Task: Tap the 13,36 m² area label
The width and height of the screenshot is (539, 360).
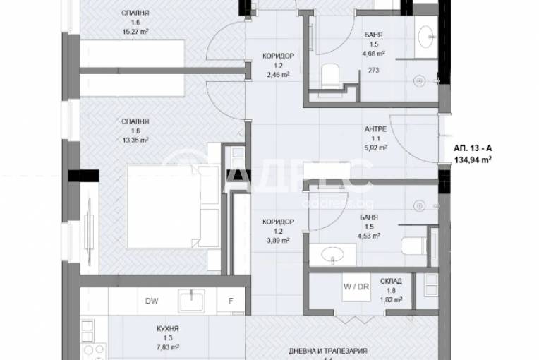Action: (x=134, y=140)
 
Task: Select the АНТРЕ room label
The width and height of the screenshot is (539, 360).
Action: (x=373, y=128)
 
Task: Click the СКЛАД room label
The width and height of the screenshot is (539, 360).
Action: (x=391, y=280)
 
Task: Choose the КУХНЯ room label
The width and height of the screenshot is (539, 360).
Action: (x=166, y=328)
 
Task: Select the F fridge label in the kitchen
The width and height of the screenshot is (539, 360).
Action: (x=230, y=300)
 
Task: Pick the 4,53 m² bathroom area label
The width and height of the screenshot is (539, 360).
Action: (x=372, y=236)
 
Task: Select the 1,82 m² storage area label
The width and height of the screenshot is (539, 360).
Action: (x=391, y=299)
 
